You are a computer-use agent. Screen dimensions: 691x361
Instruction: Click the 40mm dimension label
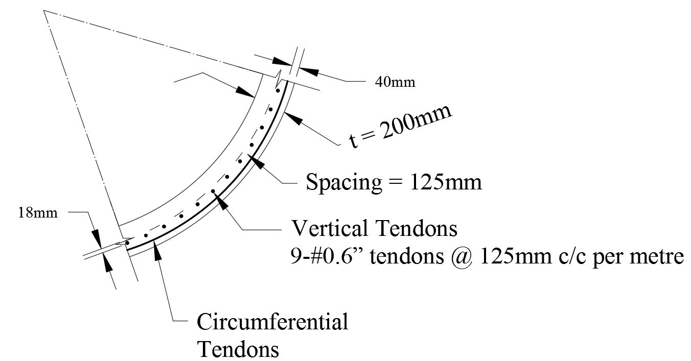coord(395,82)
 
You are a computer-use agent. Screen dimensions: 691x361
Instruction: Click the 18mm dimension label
coord(38,213)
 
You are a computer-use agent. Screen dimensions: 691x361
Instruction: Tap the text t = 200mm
coord(400,127)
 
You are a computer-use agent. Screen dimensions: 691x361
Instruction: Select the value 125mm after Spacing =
coord(446,182)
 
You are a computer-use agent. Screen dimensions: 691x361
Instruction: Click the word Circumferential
coord(272,322)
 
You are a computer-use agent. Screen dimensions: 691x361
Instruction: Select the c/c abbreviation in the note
coord(572,256)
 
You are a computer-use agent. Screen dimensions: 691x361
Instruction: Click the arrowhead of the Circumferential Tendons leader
coord(157,250)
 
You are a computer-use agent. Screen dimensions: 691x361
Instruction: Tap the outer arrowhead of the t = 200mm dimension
coord(292,118)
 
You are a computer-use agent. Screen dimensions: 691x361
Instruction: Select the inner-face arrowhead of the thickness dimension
coord(245,91)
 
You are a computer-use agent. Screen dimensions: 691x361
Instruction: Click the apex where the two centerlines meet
coord(44,11)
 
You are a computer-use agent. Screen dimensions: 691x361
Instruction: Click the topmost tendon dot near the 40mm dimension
coord(278,91)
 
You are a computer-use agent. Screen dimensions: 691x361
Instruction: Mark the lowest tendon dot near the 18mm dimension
coord(127,243)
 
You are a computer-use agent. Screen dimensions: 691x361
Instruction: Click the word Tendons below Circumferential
coord(238,349)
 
